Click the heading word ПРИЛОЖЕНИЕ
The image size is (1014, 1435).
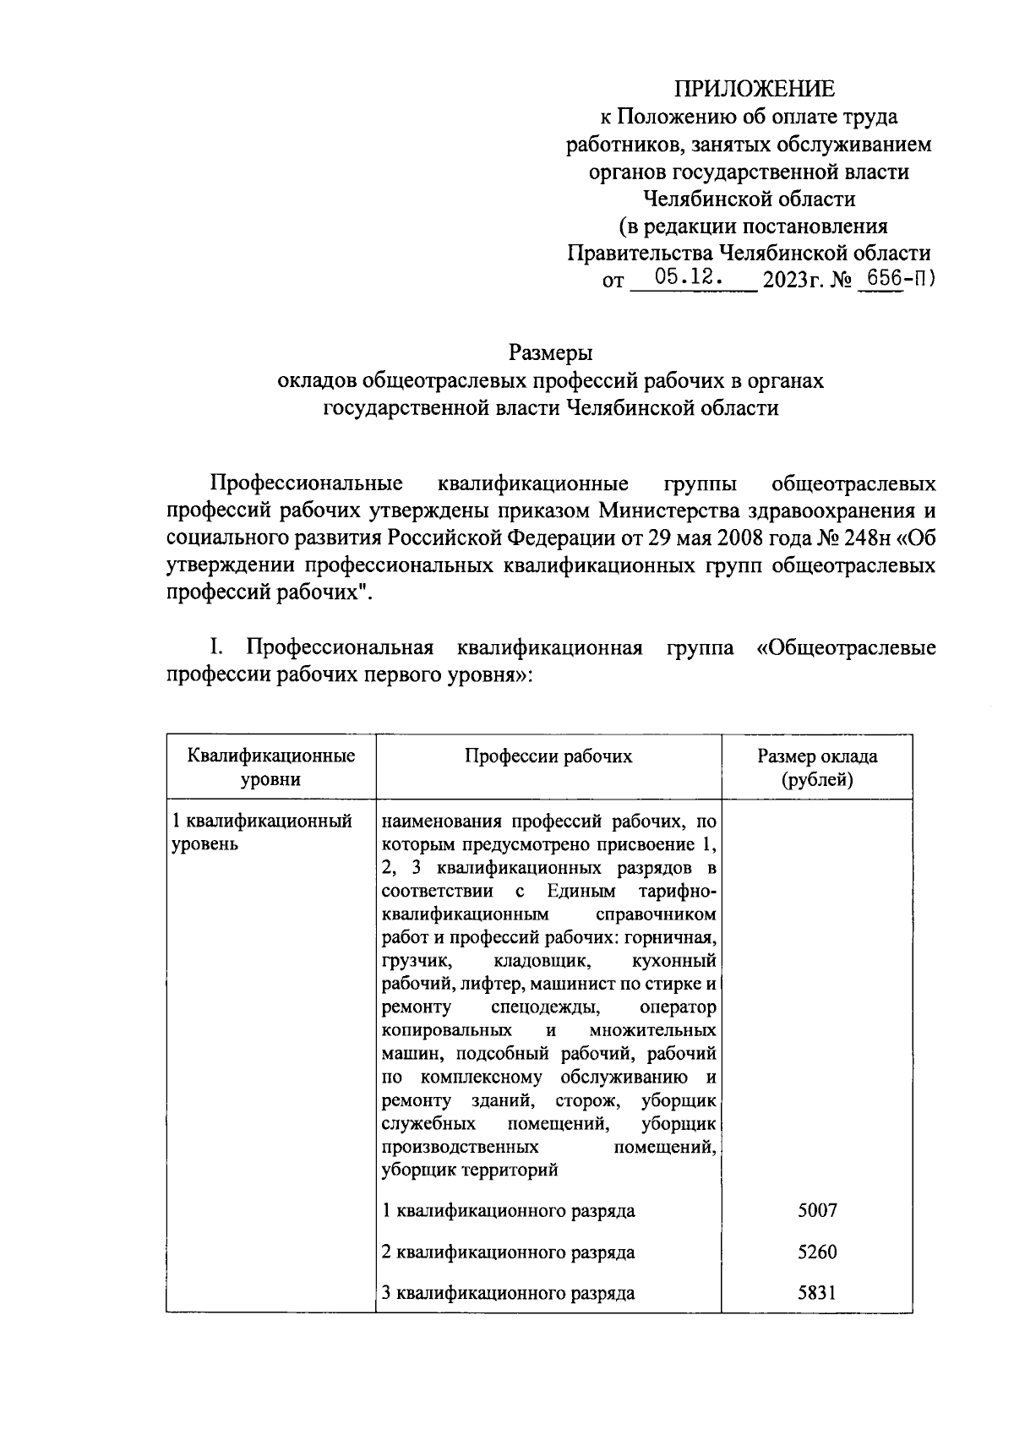pyautogui.click(x=754, y=89)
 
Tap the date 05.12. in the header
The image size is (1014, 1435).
pyautogui.click(x=687, y=276)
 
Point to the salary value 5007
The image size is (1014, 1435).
pyautogui.click(x=816, y=1210)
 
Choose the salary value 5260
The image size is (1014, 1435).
pyautogui.click(x=816, y=1252)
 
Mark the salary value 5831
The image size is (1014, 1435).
pyautogui.click(x=816, y=1292)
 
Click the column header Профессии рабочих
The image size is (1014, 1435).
pyautogui.click(x=548, y=756)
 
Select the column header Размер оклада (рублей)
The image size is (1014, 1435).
pyautogui.click(x=816, y=767)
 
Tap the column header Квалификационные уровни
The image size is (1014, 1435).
pyautogui.click(x=270, y=767)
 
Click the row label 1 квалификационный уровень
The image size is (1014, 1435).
pyautogui.click(x=262, y=832)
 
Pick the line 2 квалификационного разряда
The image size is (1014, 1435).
pyautogui.click(x=508, y=1252)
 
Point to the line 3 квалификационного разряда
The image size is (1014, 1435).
pyautogui.click(x=508, y=1293)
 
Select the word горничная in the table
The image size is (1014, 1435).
pyautogui.click(x=677, y=938)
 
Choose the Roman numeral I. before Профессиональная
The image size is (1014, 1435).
pyautogui.click(x=216, y=648)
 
